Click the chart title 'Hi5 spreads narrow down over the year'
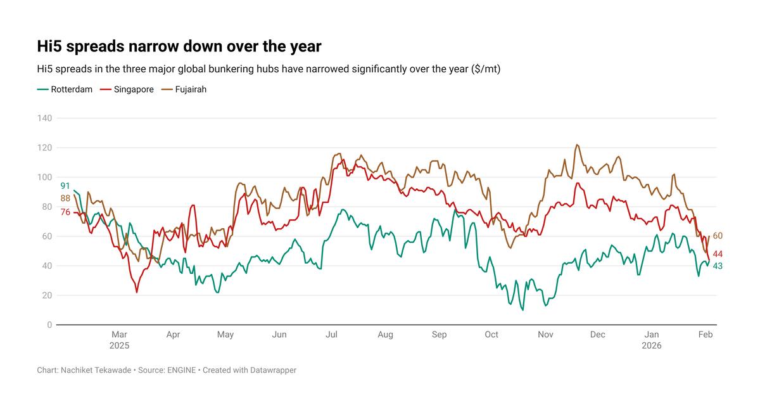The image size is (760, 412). [179, 47]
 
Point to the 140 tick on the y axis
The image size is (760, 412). [44, 118]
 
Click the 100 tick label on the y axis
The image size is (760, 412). [44, 177]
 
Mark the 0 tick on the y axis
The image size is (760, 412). [49, 325]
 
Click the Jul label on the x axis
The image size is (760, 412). [331, 335]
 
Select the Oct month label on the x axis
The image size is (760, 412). [491, 335]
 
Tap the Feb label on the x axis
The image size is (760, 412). [706, 335]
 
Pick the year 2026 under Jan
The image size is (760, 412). [652, 345]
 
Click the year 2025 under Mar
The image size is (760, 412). [119, 345]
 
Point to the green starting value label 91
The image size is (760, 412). [65, 186]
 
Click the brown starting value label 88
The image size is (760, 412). [65, 198]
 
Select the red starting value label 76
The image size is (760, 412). [65, 212]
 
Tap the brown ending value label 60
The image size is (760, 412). [718, 236]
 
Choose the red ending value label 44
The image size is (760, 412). [718, 254]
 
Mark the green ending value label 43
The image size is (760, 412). [718, 266]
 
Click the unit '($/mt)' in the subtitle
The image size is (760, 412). [486, 69]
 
